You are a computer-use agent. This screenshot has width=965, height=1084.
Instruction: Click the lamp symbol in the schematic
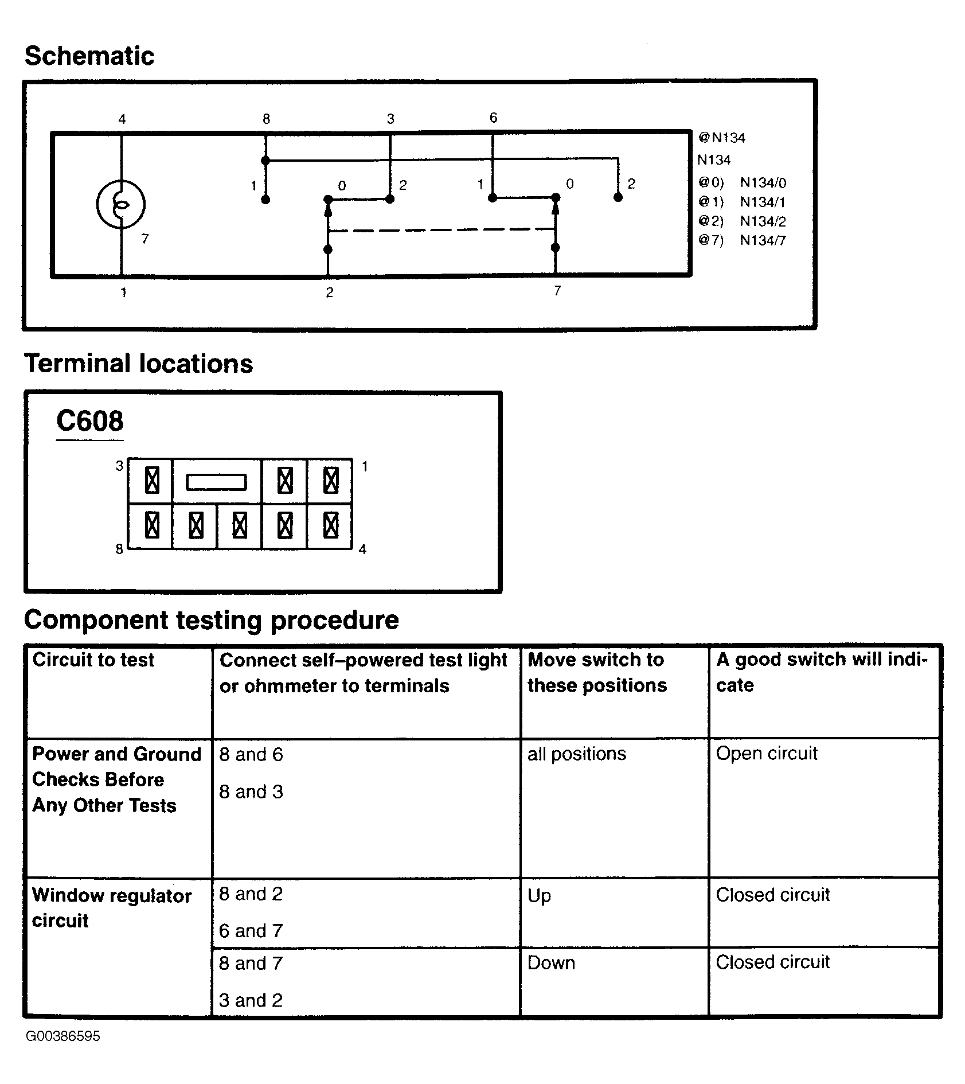121,204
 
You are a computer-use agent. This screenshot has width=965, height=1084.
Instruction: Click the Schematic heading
89,56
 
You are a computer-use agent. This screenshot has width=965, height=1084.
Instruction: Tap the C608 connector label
89,421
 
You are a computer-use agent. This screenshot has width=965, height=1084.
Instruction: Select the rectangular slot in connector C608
216,482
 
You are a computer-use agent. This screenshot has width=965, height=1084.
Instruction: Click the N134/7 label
763,240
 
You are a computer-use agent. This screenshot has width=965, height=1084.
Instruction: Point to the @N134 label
722,138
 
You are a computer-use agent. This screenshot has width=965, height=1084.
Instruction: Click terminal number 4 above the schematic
122,119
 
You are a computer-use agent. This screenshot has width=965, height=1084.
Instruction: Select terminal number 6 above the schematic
493,118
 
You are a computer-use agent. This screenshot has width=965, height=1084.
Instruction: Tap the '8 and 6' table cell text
251,754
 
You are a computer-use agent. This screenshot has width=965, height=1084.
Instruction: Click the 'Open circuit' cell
767,753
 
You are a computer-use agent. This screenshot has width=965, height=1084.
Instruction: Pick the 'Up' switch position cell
539,895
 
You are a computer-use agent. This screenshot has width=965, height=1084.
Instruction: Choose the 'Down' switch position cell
551,962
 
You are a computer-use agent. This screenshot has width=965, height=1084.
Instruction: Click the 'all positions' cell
577,754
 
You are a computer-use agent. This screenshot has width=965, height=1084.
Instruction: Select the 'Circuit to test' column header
93,660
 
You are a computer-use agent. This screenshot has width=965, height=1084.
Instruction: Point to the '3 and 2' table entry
251,1000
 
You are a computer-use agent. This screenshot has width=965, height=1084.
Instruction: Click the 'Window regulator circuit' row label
112,908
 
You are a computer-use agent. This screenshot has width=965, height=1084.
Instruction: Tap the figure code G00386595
63,1036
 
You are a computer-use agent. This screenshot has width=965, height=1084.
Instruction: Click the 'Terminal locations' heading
139,364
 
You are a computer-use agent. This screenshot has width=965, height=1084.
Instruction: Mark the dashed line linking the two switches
442,230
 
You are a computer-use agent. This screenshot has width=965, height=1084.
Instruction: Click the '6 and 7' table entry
251,930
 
